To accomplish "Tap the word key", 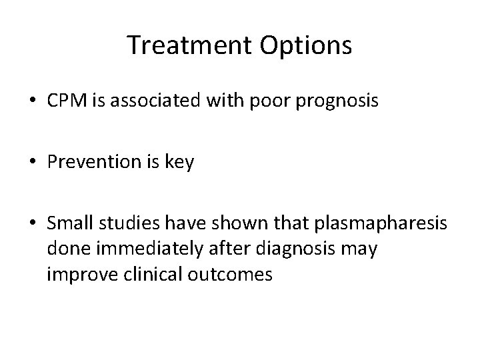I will click(x=181, y=163).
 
